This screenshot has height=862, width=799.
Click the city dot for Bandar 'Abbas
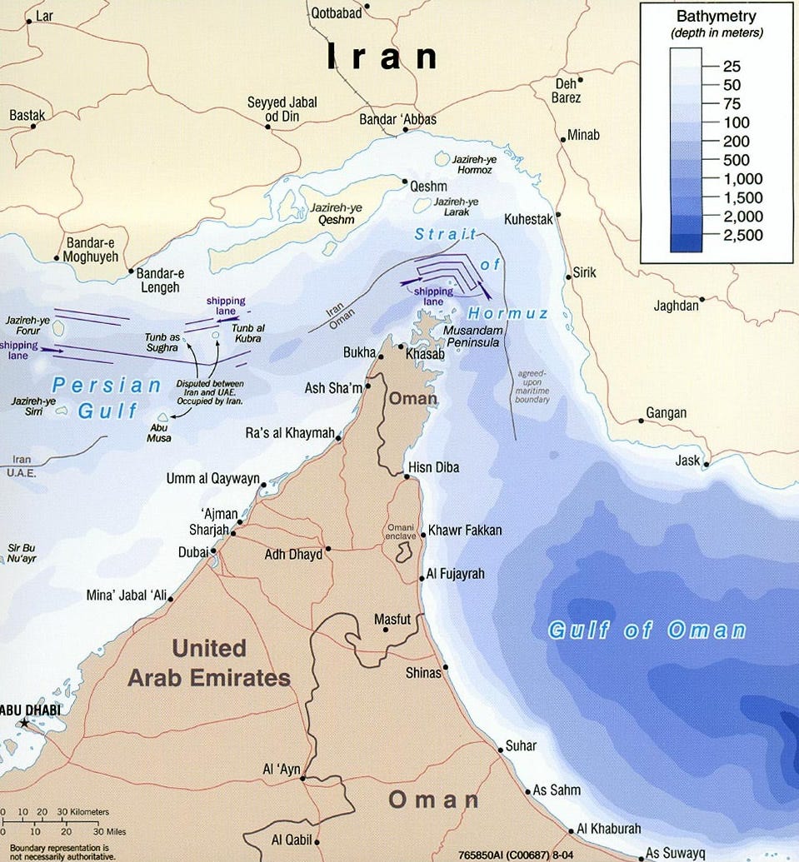click(404, 131)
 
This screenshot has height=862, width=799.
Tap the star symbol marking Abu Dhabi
click(23, 725)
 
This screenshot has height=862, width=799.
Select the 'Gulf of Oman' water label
click(647, 630)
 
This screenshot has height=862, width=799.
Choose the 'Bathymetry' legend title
click(717, 17)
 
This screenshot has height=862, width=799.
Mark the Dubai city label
click(193, 551)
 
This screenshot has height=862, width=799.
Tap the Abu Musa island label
click(157, 432)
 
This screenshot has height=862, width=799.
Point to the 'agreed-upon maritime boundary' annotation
click(532, 386)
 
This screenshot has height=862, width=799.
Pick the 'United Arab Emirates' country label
click(209, 663)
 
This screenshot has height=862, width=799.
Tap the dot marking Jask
click(707, 465)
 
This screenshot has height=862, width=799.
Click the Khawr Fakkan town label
click(465, 531)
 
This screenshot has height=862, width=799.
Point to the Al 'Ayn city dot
click(302, 779)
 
